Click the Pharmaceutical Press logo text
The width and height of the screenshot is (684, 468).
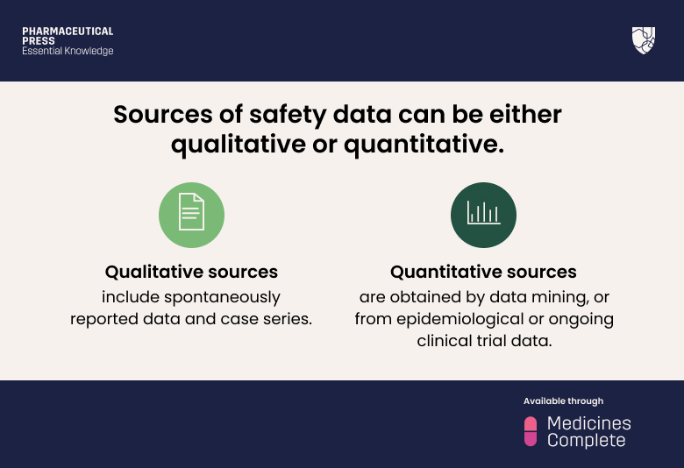[x=68, y=36]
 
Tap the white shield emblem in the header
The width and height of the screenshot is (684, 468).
[x=643, y=40]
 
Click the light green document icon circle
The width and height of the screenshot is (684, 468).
[x=191, y=215]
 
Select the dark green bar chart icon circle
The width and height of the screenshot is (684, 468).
[x=483, y=215]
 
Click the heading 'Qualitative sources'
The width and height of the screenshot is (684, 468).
[x=191, y=272]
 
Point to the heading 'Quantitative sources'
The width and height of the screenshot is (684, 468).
[x=483, y=272]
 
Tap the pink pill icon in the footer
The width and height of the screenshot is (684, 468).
[x=530, y=431]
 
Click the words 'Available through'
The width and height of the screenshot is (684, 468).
[x=563, y=401]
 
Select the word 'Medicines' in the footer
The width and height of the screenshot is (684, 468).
[x=588, y=422]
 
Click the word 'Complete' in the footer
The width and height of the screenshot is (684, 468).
[x=587, y=441]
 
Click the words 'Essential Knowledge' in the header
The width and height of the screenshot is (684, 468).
[x=68, y=52]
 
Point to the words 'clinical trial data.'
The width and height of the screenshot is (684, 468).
[x=484, y=341]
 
